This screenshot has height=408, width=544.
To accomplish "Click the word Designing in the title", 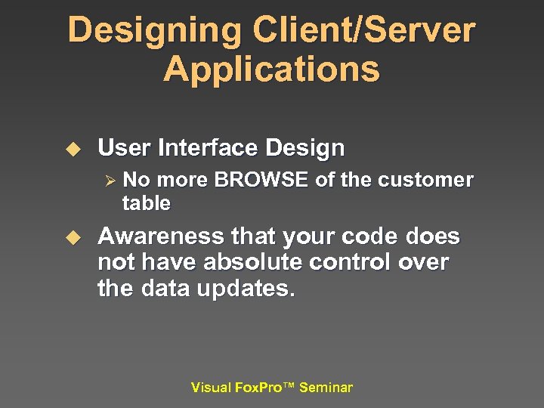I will tap(154, 31).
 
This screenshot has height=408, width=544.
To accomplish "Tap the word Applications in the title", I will tap(271, 70).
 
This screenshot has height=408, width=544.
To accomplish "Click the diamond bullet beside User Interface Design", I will tap(73, 150).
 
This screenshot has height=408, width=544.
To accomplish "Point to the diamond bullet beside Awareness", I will tap(73, 238).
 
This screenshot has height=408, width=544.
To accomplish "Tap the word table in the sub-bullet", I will tap(146, 203).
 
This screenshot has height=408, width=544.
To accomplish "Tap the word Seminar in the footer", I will tap(326, 388).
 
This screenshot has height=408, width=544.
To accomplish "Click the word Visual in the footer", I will tap(211, 388).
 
